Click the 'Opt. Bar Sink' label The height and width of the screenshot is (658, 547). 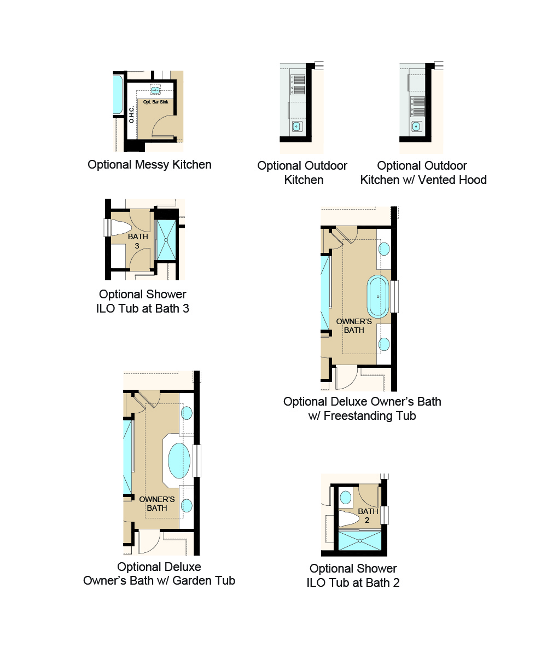pos(155,102)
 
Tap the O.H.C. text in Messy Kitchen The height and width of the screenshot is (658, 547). pos(132,113)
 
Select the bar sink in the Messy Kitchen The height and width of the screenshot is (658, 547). pos(155,90)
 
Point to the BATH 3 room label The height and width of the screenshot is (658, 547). pos(138,241)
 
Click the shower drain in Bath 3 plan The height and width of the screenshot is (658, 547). pos(166,240)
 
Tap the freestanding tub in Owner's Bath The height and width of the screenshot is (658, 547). pos(378,296)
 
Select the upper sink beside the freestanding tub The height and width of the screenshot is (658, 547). pos(384,249)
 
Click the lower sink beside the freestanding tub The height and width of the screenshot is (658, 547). pos(384,344)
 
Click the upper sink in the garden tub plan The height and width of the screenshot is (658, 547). pos(187,413)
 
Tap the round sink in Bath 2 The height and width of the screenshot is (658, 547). pos(345,498)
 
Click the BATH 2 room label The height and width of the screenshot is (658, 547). pos(368,515)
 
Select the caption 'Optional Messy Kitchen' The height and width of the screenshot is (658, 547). pos(149,164)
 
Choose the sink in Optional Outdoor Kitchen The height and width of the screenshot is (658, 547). pos(296,127)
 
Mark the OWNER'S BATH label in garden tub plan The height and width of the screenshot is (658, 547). pos(157,504)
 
